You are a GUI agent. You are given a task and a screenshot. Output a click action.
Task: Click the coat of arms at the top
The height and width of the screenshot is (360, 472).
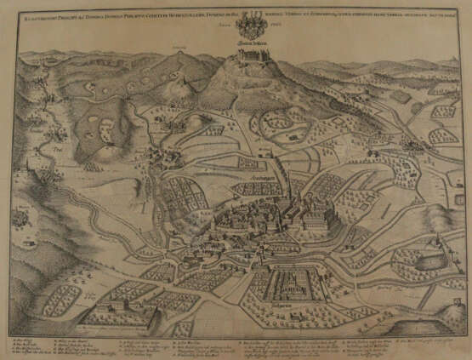click(x=253, y=19)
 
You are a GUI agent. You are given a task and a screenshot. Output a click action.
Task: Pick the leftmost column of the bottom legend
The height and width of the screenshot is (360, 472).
click(x=30, y=345)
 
